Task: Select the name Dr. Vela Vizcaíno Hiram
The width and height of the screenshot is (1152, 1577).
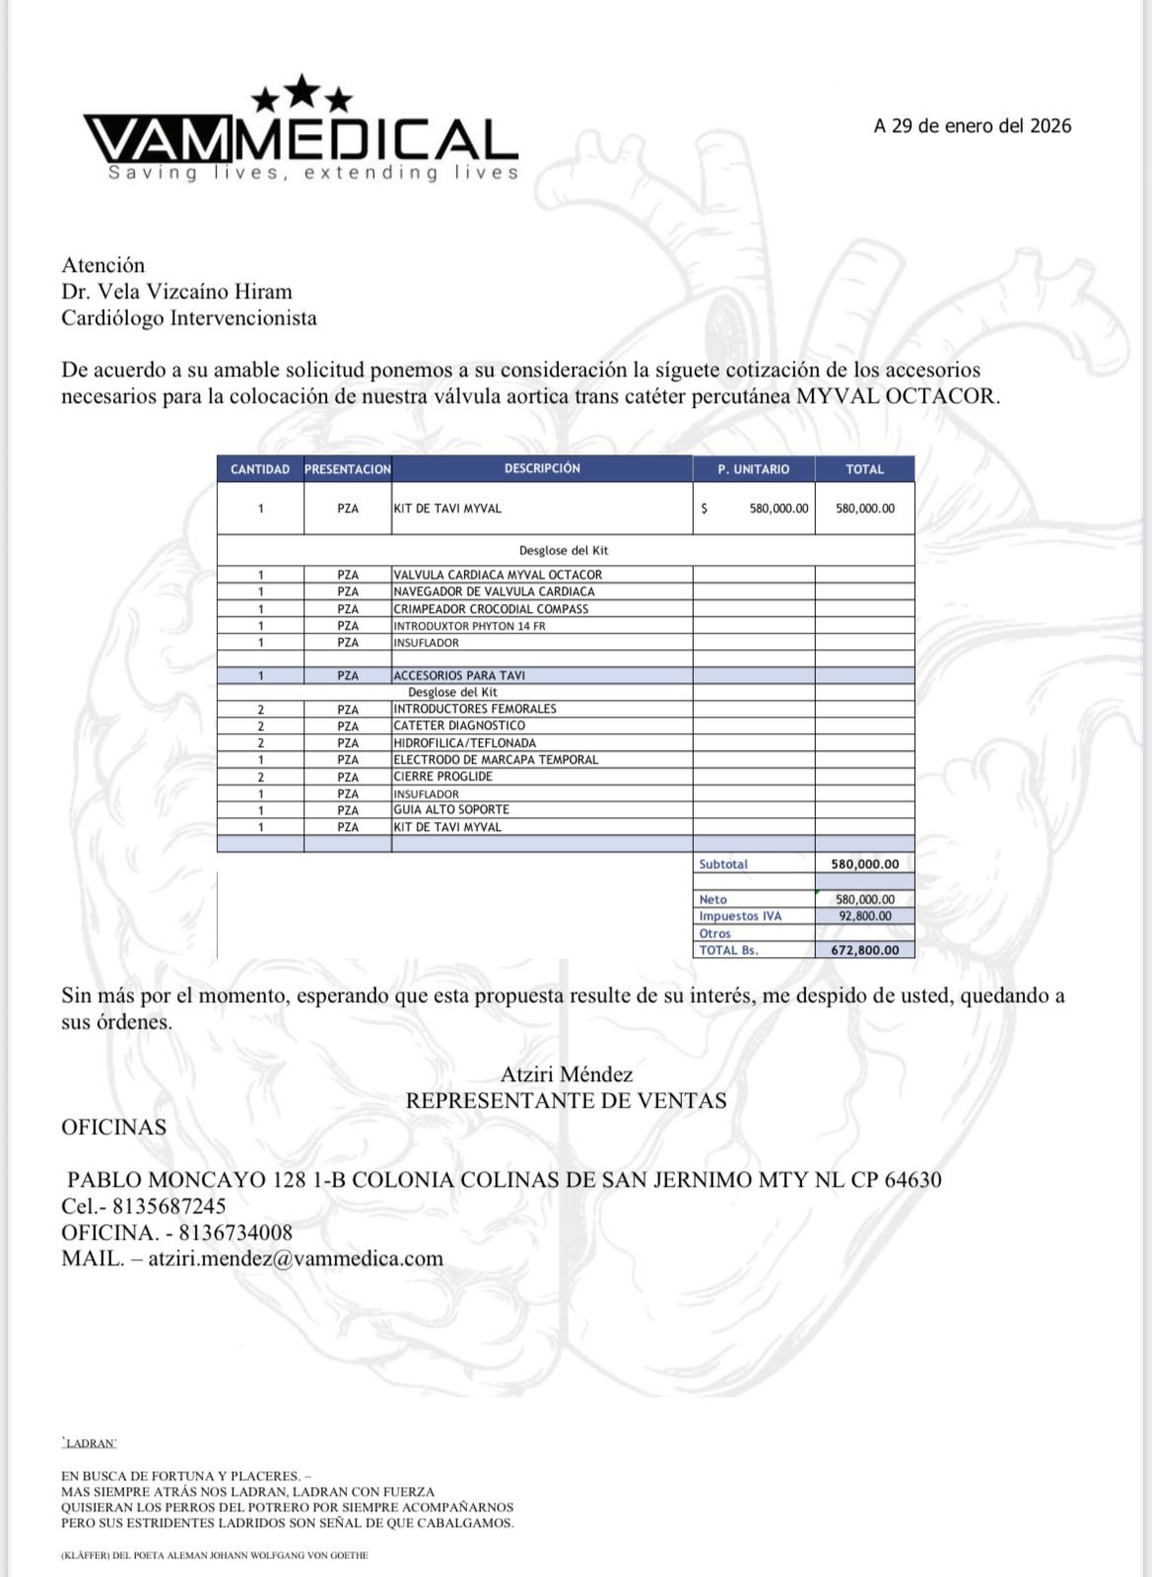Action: [176, 292]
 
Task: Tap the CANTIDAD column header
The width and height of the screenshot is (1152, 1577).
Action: [260, 469]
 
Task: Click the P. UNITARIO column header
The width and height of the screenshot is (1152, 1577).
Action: [753, 469]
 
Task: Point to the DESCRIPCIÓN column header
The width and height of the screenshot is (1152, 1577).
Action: [542, 468]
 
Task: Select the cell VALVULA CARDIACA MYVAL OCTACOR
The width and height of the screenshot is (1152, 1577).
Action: [498, 575]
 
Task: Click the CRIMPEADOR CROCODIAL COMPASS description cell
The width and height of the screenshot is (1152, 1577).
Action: [491, 609]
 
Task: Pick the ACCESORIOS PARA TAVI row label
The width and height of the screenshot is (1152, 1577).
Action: [459, 676]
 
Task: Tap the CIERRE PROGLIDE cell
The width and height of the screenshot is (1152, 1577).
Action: [442, 777]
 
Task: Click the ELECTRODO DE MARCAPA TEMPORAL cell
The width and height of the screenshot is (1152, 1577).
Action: [496, 760]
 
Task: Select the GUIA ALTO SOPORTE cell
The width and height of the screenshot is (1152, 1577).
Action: [451, 810]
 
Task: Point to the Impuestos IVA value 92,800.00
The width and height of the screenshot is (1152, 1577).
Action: [864, 917]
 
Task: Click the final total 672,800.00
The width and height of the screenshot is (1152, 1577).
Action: [864, 950]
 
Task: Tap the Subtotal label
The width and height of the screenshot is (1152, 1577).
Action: [723, 864]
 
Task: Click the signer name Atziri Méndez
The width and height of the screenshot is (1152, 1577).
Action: [567, 1074]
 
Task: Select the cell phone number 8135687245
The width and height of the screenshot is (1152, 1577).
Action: [169, 1206]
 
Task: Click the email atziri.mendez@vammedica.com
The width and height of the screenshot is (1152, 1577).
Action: [296, 1259]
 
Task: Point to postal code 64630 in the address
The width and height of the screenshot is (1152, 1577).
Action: [912, 1180]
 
